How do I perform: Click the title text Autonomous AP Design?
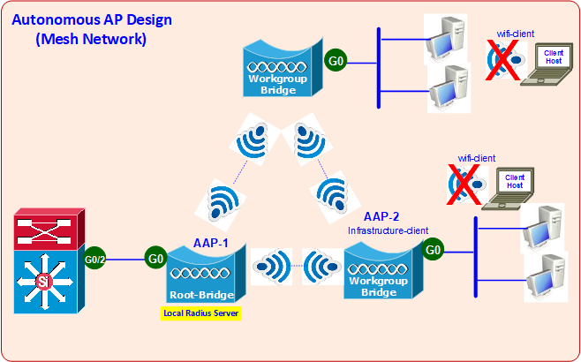click(x=92, y=19)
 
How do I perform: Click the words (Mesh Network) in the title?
click(x=91, y=39)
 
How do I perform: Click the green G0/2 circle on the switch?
click(x=96, y=260)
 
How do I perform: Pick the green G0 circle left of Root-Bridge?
click(x=155, y=259)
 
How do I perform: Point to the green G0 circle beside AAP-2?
click(x=434, y=250)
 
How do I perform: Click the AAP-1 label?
click(x=212, y=242)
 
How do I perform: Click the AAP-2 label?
click(x=381, y=216)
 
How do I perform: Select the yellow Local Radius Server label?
click(x=201, y=313)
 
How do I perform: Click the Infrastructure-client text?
click(x=388, y=230)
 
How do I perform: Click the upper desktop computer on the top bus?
click(x=446, y=37)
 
